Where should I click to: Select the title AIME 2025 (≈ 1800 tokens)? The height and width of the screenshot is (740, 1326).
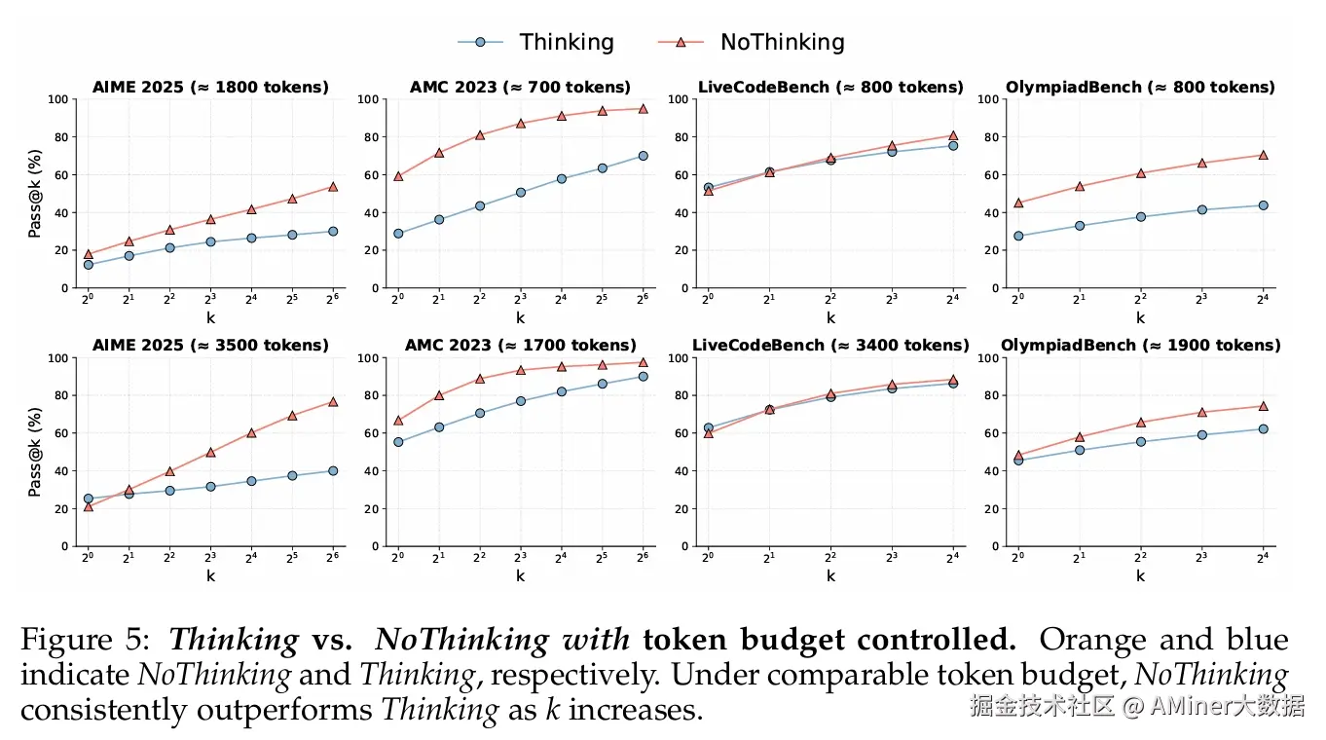coord(210,88)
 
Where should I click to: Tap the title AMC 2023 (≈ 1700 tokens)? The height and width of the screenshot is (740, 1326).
coord(520,346)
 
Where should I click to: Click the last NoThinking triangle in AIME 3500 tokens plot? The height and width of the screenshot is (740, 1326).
coord(333,401)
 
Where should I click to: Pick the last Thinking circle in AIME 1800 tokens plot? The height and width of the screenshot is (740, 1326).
coord(333,232)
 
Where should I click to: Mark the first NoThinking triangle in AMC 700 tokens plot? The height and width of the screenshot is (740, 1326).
coord(398,176)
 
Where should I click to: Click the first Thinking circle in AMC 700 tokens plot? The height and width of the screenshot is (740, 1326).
coord(398,234)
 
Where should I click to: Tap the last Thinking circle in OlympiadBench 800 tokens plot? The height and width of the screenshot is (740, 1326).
coord(1263,205)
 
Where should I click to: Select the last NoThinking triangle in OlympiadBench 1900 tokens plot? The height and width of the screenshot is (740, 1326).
coord(1263,406)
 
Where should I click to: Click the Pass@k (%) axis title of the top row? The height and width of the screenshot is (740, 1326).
coord(35,194)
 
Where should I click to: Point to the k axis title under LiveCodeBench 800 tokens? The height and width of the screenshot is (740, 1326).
coord(830,317)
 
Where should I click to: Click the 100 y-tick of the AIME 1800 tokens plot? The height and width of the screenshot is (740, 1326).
coord(58,99)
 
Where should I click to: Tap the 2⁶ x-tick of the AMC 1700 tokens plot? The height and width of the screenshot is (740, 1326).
coord(643,557)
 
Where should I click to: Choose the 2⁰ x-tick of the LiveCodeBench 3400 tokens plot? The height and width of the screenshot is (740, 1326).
coord(708,557)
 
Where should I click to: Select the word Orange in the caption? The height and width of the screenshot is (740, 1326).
coord(1094,641)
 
